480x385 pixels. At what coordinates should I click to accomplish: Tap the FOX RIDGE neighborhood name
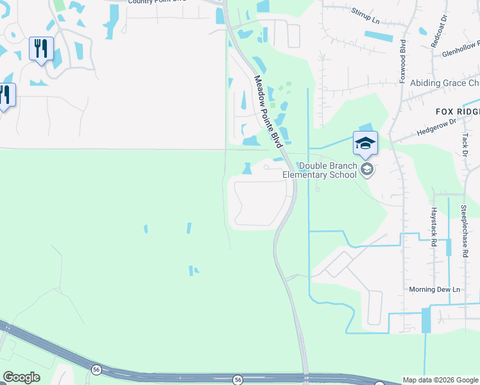[x=457, y=112]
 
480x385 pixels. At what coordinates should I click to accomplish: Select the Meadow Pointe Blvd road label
[x=268, y=112]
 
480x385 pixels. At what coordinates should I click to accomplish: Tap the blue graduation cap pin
[x=365, y=142]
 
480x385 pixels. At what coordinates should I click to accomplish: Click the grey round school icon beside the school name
[x=367, y=169]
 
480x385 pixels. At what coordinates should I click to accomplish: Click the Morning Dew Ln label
[x=435, y=290]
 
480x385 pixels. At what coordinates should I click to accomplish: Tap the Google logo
[x=21, y=377]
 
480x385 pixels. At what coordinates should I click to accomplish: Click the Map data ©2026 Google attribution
[x=440, y=380]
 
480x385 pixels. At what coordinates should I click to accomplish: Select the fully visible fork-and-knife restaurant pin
[x=41, y=49]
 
